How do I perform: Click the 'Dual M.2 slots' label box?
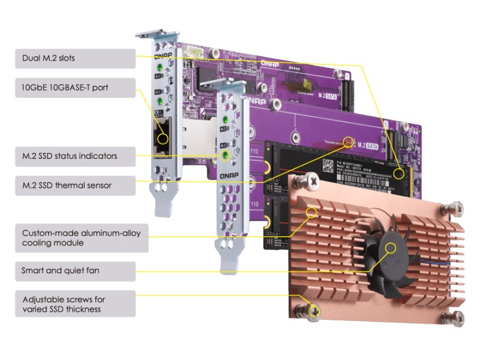75,58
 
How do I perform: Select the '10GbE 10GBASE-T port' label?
75,88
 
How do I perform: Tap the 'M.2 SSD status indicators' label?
75,156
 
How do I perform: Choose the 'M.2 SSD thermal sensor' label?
75,185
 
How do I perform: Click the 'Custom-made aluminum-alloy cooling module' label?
75,238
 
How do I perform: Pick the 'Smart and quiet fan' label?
75,271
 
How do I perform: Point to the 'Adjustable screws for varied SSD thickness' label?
75,304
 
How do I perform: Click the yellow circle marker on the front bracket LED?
225,156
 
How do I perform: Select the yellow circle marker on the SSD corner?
398,173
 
